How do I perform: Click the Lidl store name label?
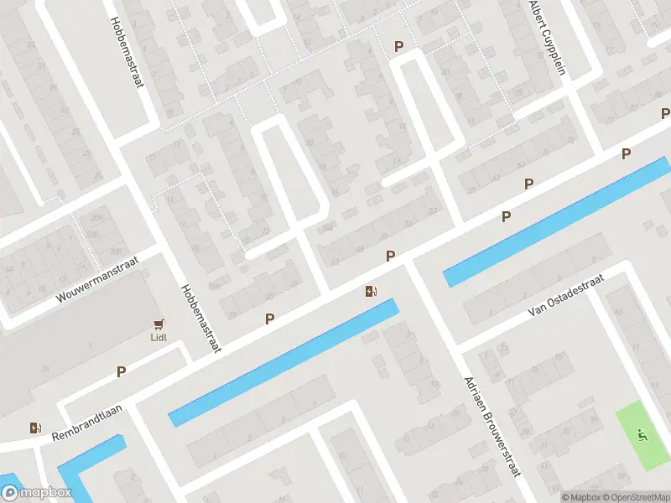coord(159,338)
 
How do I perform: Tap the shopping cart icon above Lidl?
coord(159,324)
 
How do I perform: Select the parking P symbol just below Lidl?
coord(121,371)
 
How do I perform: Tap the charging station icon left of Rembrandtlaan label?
coord(35,428)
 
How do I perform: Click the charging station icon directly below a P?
coord(371,292)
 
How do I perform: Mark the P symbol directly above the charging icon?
coord(390,255)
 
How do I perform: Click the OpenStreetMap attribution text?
coord(634,496)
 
